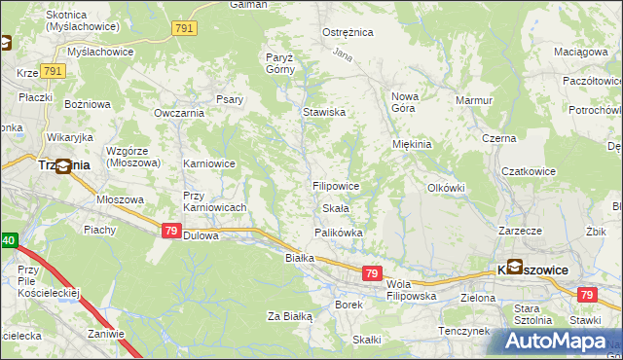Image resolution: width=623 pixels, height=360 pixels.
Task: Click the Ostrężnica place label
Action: click(x=348, y=32)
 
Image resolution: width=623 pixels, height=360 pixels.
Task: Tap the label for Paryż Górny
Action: click(x=280, y=63)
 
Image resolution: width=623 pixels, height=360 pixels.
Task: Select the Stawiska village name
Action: click(x=323, y=112)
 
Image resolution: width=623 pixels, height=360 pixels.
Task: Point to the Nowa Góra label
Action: click(x=404, y=102)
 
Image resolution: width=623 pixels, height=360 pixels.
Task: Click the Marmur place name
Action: click(x=474, y=99)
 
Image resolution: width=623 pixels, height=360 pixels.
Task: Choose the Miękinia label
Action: click(x=411, y=144)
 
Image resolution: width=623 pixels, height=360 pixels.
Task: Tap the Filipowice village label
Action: click(x=336, y=185)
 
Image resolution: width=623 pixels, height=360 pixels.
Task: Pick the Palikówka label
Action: click(x=338, y=233)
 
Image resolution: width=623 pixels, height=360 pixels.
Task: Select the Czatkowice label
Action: click(x=528, y=171)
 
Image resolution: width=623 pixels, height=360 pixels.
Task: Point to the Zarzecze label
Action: click(x=519, y=233)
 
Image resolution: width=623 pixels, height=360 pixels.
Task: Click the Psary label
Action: click(x=230, y=99)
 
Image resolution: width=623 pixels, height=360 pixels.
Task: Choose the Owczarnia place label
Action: click(x=177, y=113)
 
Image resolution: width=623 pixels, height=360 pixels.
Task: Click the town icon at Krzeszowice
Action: click(x=513, y=267)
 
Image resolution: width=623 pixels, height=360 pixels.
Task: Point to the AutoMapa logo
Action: click(x=559, y=340)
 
